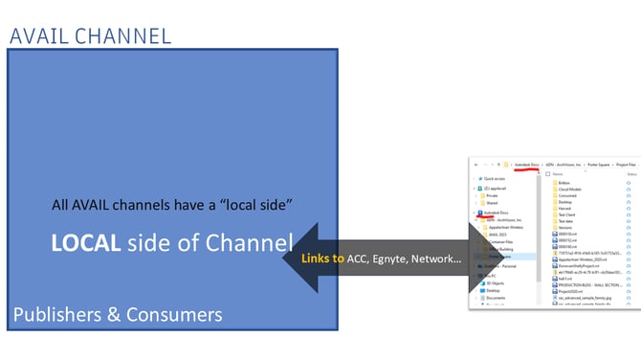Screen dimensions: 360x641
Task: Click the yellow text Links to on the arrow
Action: tap(322, 259)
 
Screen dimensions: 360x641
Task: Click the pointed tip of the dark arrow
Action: tap(285, 259)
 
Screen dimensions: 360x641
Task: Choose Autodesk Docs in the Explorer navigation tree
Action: tap(498, 213)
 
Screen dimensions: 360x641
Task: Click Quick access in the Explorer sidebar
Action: tap(495, 179)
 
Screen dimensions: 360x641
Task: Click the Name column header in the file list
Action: tap(558, 174)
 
